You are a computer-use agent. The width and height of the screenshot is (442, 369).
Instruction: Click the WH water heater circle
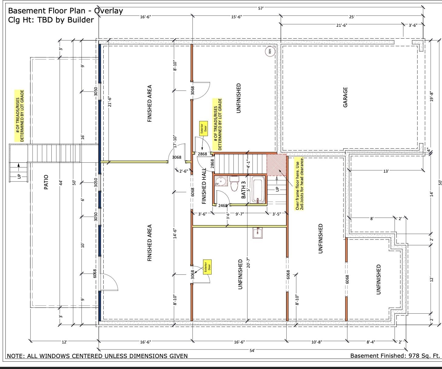coord(270,51)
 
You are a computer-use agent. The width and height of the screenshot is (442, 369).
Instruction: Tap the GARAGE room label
coord(345,97)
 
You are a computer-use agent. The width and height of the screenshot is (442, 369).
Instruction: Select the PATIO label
coord(46,182)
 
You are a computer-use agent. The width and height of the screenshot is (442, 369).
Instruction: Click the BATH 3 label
coord(243,190)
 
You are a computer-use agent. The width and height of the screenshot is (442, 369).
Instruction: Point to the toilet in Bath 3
coord(234,183)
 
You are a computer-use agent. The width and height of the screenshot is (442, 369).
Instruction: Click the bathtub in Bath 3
coord(257,191)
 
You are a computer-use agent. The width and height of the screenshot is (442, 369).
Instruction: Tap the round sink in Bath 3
coord(221,181)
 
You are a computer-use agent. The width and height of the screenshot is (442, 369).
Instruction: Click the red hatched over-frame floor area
coord(276,165)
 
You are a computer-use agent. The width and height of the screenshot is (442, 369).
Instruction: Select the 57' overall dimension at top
coord(261,8)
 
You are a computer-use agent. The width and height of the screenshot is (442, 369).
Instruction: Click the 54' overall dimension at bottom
coord(252,350)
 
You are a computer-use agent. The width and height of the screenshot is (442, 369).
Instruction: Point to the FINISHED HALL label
coord(204,186)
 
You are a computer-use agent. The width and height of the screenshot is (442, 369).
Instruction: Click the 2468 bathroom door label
coord(223,205)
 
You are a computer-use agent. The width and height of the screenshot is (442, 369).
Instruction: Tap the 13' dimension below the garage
coord(386,171)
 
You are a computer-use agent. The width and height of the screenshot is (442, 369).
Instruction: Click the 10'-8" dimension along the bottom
coord(317,342)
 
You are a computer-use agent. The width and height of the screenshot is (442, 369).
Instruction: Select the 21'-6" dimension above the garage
coord(342,26)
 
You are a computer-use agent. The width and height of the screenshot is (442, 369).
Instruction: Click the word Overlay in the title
coord(109,11)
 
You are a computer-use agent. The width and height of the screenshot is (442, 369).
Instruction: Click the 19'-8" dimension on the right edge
coord(432,97)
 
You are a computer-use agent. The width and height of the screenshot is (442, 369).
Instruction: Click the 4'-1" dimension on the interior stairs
coord(248,164)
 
